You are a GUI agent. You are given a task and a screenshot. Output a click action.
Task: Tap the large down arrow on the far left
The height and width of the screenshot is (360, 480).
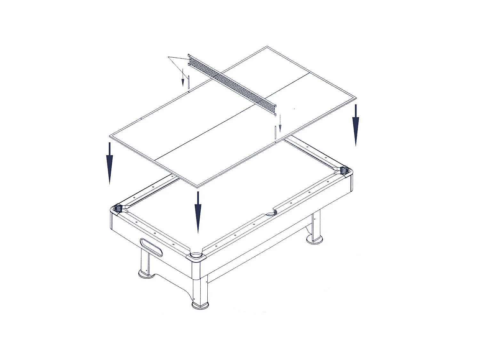pos(109,163)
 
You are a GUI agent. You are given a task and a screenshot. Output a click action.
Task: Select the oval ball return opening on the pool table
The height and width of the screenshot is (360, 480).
pos(151,247)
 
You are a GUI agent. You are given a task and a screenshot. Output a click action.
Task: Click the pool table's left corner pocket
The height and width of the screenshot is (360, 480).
pos(119,208)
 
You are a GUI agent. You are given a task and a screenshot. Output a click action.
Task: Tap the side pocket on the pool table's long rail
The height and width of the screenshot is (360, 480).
pos(270,213)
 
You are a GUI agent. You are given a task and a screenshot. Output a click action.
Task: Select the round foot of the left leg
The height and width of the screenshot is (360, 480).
pos(146,274)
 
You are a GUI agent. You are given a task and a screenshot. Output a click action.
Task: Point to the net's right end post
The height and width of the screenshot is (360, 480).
pos(275,109)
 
